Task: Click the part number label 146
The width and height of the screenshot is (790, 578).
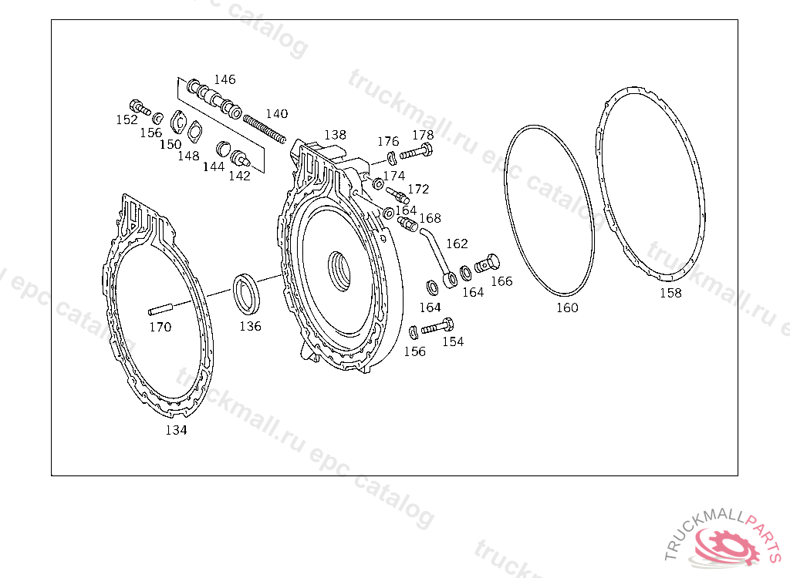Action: tap(225, 79)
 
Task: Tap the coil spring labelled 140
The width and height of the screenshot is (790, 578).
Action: tap(265, 129)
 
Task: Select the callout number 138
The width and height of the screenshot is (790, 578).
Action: tap(335, 135)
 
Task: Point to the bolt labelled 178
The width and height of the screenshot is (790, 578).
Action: tap(417, 151)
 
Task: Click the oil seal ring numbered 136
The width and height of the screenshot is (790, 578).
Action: tap(246, 294)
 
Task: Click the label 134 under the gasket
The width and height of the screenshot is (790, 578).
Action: tap(177, 430)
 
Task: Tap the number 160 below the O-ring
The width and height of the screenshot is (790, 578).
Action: tap(567, 307)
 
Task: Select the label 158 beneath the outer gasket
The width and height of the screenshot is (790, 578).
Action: tap(670, 293)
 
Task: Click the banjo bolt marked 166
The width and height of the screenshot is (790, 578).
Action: tap(488, 264)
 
